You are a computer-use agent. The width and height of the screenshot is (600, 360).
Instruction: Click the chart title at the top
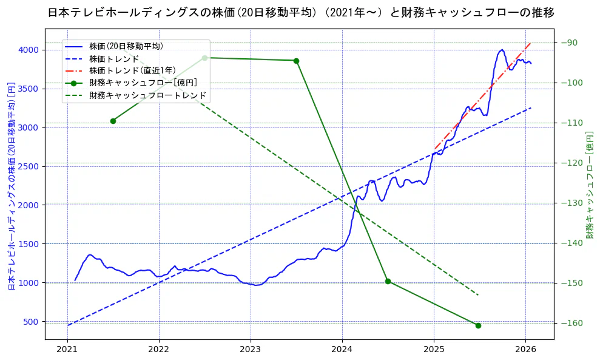coord(300,12)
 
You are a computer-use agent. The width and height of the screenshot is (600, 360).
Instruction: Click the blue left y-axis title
coord(11,186)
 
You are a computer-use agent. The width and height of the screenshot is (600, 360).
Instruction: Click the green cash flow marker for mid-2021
coord(113,121)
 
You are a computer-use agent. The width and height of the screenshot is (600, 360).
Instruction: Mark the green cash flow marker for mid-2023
coord(296,61)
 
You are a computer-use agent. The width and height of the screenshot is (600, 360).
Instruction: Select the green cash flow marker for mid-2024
coord(388,281)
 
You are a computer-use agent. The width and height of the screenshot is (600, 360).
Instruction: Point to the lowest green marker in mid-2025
coord(478,325)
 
